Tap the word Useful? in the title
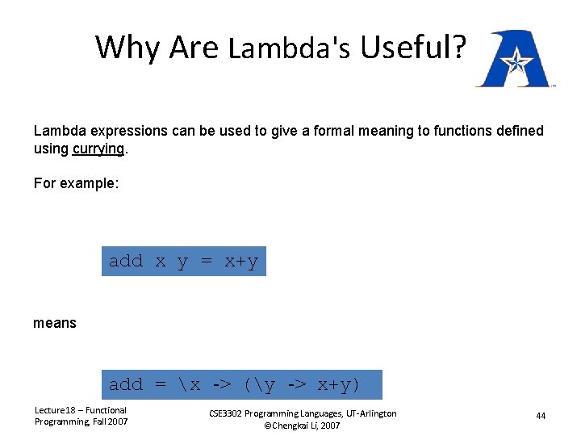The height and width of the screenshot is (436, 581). (412, 48)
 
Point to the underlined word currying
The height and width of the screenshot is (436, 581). (98, 149)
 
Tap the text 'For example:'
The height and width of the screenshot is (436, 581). (76, 183)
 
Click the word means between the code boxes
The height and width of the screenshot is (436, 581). (55, 323)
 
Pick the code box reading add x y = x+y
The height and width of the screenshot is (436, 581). (183, 261)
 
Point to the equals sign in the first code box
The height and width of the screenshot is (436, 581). (207, 261)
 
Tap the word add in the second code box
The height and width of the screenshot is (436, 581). (125, 384)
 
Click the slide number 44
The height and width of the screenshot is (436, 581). (541, 416)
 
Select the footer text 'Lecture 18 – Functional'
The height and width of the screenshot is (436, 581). (80, 410)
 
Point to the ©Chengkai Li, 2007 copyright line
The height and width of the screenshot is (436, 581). (302, 426)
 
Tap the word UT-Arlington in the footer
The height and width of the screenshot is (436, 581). (367, 413)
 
